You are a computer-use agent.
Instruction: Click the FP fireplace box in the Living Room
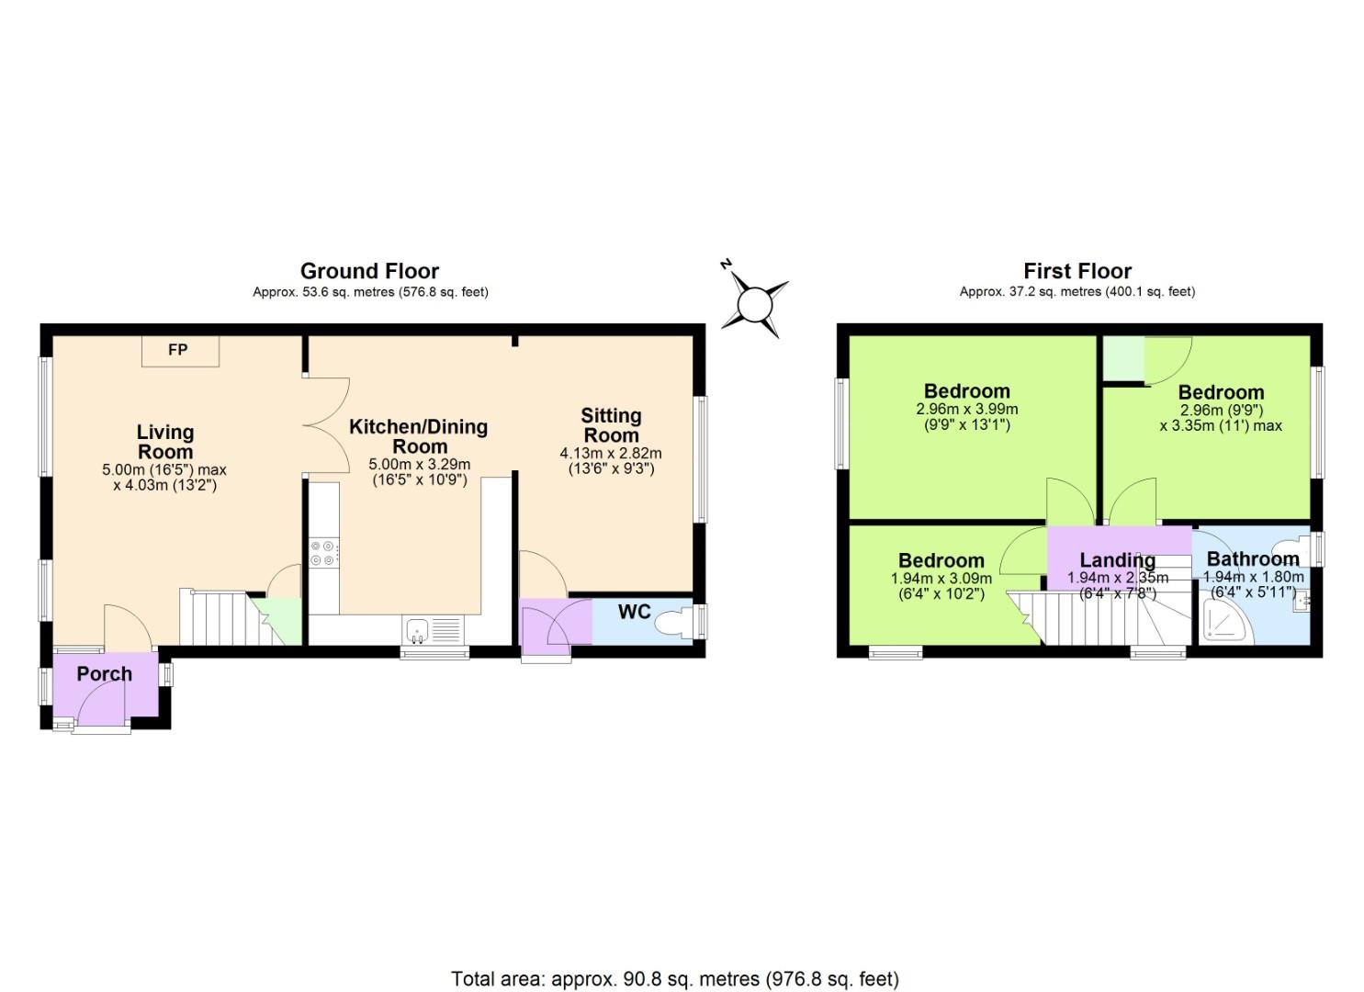tap(180, 351)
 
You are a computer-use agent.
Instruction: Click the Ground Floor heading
tap(369, 271)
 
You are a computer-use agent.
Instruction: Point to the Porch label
tap(104, 673)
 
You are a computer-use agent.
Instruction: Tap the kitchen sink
tap(417, 630)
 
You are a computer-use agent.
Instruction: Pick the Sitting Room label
tap(611, 425)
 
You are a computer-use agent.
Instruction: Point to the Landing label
tap(1117, 559)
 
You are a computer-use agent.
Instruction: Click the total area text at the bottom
tap(675, 978)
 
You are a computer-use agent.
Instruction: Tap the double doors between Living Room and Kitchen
tap(326, 424)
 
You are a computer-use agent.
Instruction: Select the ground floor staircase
tap(219, 617)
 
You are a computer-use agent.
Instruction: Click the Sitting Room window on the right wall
tap(701, 459)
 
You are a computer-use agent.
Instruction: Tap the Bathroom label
tap(1252, 558)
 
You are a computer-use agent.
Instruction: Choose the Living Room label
tap(165, 441)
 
